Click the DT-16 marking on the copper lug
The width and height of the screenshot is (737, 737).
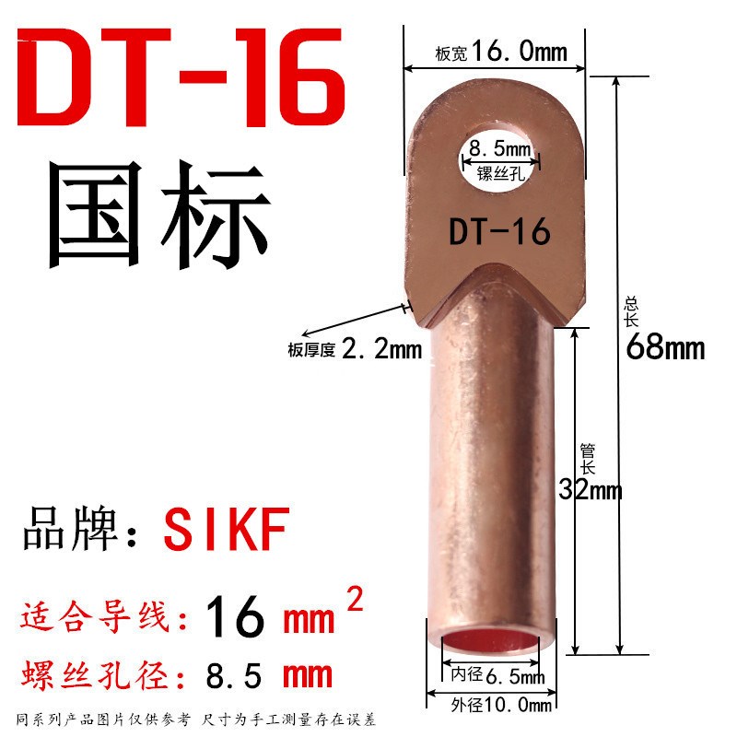[x=499, y=231]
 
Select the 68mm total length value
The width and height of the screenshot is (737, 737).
[x=665, y=348]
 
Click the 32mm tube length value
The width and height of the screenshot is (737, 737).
[x=591, y=489]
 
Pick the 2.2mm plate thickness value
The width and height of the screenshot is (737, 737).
[x=381, y=349]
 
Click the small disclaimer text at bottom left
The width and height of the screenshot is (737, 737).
[x=196, y=719]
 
